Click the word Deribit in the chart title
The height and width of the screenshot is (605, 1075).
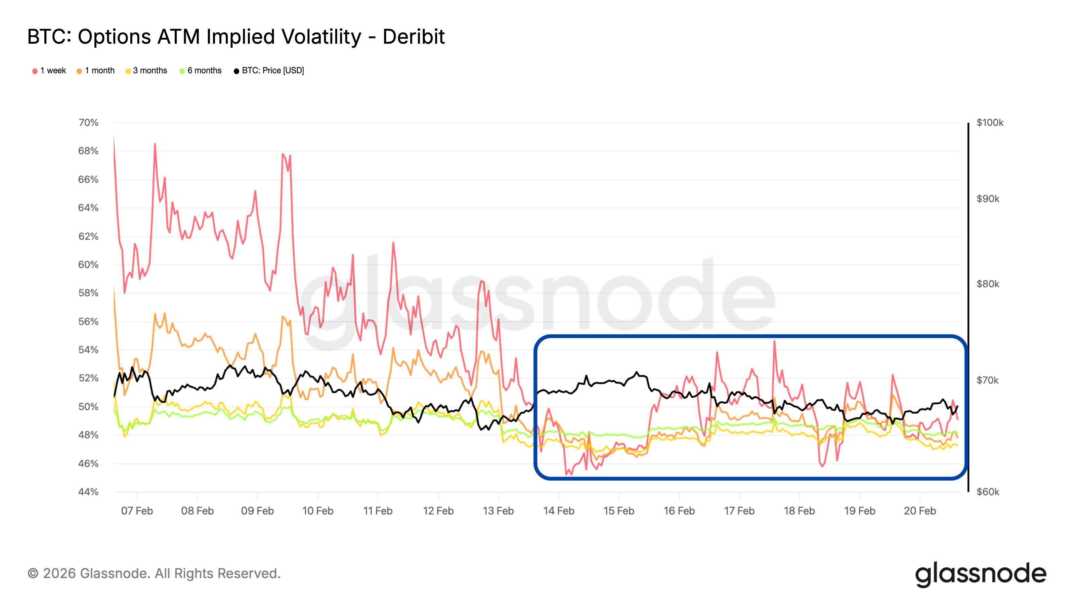pyautogui.click(x=413, y=37)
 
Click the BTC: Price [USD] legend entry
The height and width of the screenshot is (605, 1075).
pyautogui.click(x=269, y=71)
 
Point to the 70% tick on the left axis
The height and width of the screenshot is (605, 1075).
pyautogui.click(x=88, y=123)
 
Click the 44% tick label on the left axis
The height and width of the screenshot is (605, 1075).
pyautogui.click(x=88, y=492)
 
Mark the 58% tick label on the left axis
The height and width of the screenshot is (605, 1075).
pyautogui.click(x=88, y=293)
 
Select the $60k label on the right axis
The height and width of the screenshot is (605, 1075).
pyautogui.click(x=988, y=492)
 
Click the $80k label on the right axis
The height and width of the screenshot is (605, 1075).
pyautogui.click(x=988, y=284)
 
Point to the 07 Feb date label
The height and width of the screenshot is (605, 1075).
pyautogui.click(x=137, y=511)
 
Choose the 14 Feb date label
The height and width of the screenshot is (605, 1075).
pyautogui.click(x=558, y=511)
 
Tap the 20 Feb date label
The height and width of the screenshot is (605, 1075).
pyautogui.click(x=920, y=511)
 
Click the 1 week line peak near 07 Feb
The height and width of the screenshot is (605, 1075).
pyautogui.click(x=155, y=144)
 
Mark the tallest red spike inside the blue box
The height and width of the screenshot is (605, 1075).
pyautogui.click(x=774, y=341)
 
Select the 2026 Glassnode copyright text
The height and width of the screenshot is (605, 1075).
pyautogui.click(x=154, y=574)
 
